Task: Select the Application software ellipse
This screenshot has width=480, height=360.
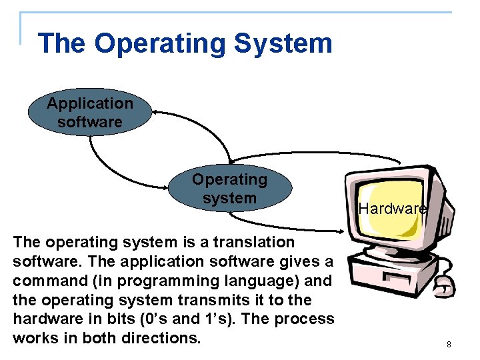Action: (90, 113)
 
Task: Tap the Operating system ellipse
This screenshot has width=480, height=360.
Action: (229, 189)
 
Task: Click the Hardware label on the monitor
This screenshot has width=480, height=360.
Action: (392, 209)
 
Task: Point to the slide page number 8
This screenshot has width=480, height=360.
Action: (449, 345)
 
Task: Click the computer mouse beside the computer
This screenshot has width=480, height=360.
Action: (441, 286)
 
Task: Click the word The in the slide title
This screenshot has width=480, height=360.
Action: (62, 43)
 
